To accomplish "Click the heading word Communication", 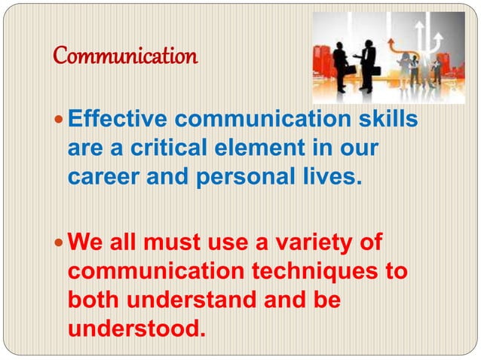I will [126, 56].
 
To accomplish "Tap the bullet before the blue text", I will [60, 121].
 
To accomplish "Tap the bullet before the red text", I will [60, 244].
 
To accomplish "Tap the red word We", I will [83, 243].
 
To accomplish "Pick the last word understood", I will [136, 328].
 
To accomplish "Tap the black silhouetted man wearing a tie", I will [369, 64].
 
